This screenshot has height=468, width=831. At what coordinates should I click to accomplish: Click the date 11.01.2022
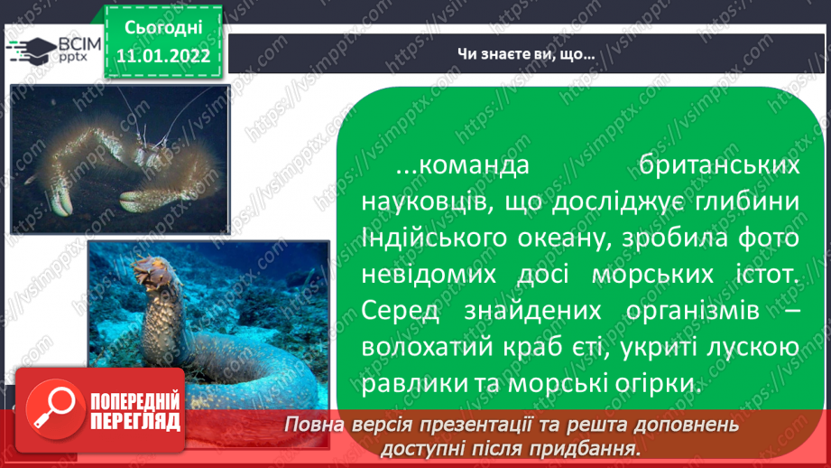(x=163, y=56)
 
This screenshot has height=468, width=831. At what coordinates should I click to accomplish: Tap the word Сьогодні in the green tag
(x=163, y=28)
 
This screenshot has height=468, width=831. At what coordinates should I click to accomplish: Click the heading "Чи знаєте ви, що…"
(x=526, y=53)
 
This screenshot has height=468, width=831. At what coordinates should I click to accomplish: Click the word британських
(x=718, y=165)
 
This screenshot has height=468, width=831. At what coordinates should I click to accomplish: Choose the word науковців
(x=424, y=202)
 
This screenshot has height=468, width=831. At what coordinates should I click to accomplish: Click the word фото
(x=769, y=238)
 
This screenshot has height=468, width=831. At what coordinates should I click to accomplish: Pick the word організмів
(x=692, y=311)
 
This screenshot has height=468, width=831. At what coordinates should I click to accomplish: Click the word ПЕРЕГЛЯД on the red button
(x=135, y=422)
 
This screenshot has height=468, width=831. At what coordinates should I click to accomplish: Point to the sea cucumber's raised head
(x=155, y=270)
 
